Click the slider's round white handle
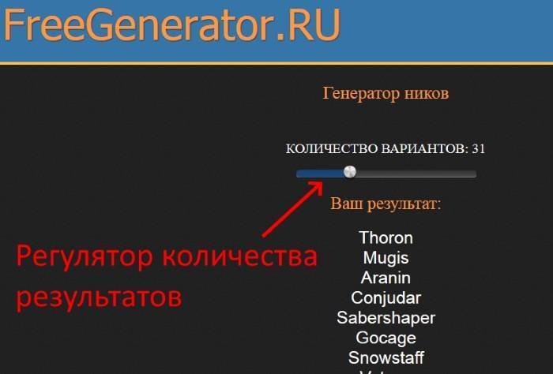pyautogui.click(x=349, y=172)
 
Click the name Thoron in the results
pyautogui.click(x=386, y=237)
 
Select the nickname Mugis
pyautogui.click(x=386, y=258)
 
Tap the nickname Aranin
pyautogui.click(x=386, y=278)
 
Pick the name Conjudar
pyautogui.click(x=386, y=298)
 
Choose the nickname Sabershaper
pyautogui.click(x=386, y=318)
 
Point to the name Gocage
pyautogui.click(x=386, y=338)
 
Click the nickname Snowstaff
pyautogui.click(x=386, y=357)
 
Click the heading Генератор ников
pyautogui.click(x=386, y=93)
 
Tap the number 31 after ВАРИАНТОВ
pyautogui.click(x=478, y=148)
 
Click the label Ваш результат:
pyautogui.click(x=386, y=204)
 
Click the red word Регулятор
pyautogui.click(x=85, y=258)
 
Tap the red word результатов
pyautogui.click(x=99, y=297)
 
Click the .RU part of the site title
pyautogui.click(x=310, y=26)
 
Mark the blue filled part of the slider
pyautogui.click(x=319, y=173)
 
